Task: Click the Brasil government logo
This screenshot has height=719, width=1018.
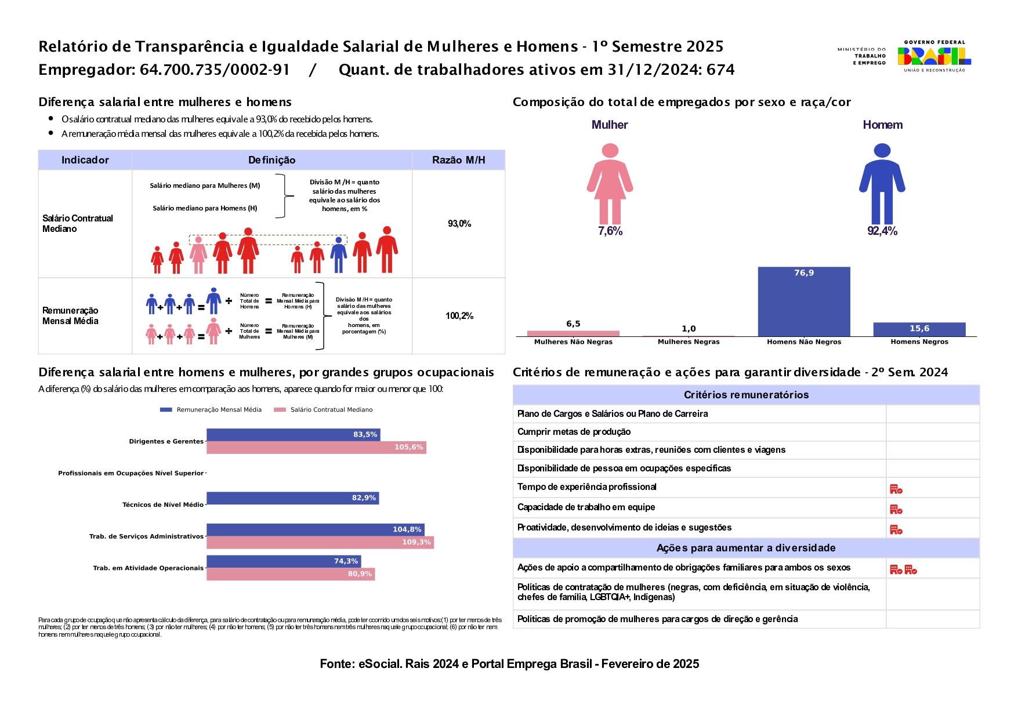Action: tap(934, 56)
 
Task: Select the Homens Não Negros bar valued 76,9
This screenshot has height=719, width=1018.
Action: tap(803, 302)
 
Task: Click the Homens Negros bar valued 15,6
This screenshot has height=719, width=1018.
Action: tap(919, 329)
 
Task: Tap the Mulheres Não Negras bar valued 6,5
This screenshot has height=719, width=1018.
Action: tap(573, 333)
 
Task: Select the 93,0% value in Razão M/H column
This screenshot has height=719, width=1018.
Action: tap(459, 224)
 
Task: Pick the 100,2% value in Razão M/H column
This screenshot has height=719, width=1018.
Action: tap(459, 316)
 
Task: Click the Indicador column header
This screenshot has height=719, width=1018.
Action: tap(85, 160)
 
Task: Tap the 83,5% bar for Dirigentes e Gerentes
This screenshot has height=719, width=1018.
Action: tap(293, 435)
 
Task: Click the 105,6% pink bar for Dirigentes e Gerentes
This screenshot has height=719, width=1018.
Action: tap(316, 448)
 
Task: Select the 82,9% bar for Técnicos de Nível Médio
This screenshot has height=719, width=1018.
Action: tap(292, 498)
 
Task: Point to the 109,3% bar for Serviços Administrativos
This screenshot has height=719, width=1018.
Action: tap(320, 543)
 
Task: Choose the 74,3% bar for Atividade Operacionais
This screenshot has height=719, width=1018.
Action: tap(284, 561)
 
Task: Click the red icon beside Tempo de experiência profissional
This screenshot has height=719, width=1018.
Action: tap(896, 489)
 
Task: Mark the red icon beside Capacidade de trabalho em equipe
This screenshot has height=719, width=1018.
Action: tap(896, 509)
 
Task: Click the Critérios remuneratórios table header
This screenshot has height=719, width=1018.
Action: tap(746, 395)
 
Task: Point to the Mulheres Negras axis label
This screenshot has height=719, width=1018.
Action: tap(689, 342)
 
